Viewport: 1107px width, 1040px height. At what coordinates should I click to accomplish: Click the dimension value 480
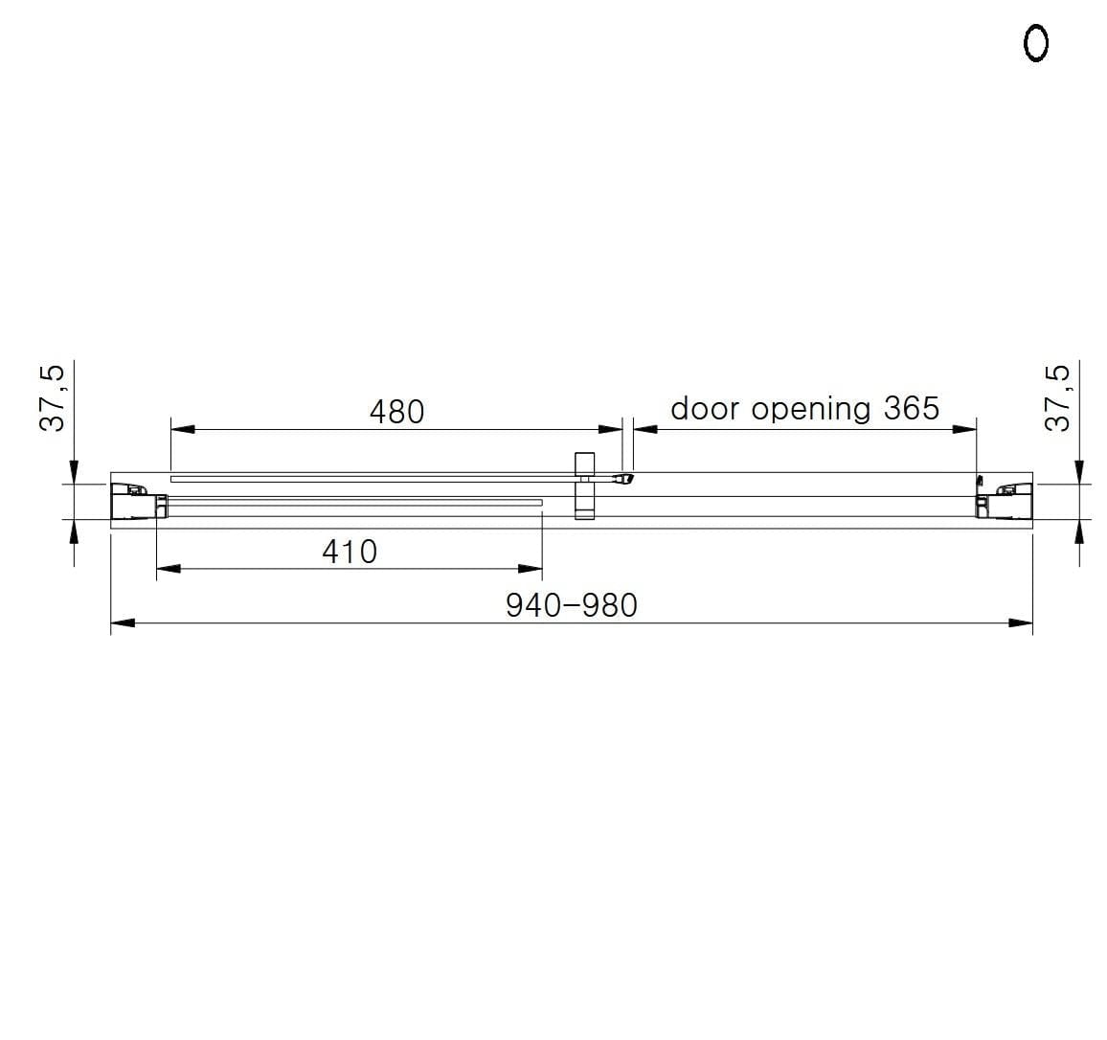(x=396, y=412)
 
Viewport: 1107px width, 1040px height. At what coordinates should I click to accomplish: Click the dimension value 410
(x=350, y=552)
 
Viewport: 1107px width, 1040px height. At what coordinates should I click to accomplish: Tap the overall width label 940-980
(x=571, y=605)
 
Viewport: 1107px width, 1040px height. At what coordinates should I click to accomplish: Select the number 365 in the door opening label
(x=911, y=408)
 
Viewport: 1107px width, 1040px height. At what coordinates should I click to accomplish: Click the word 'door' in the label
(x=704, y=408)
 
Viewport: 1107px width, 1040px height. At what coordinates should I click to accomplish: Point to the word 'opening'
(x=810, y=410)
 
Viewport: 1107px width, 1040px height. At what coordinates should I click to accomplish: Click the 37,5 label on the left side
(x=53, y=396)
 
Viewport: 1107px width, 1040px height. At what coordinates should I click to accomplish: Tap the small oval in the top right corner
(x=1036, y=43)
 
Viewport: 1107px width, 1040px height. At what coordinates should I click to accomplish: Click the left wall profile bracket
(x=135, y=501)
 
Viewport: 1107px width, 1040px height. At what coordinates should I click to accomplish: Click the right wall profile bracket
(x=1004, y=501)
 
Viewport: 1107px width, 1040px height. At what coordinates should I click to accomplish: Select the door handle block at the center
(x=584, y=486)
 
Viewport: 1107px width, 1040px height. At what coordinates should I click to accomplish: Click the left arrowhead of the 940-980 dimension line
(x=121, y=624)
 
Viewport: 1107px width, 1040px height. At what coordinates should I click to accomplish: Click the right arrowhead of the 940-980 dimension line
(x=1022, y=624)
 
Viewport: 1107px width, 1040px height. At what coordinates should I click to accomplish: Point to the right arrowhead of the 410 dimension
(x=531, y=569)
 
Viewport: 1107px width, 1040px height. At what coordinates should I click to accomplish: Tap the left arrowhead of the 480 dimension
(x=182, y=429)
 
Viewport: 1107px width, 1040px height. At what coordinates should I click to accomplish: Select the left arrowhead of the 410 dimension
(x=168, y=569)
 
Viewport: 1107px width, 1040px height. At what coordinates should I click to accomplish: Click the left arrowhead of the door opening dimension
(x=644, y=429)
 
